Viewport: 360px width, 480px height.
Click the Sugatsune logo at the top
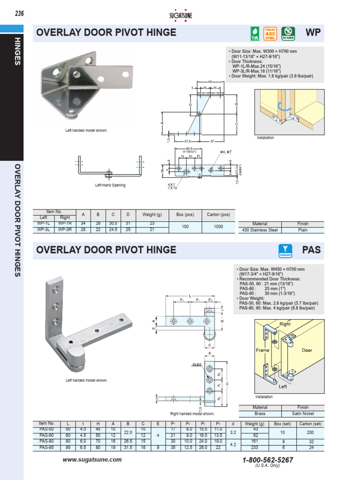pyautogui.click(x=180, y=14)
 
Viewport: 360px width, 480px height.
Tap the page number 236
pyautogui.click(x=19, y=13)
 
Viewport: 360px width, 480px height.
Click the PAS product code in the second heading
pyautogui.click(x=311, y=249)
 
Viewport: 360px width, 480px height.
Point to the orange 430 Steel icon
pyautogui.click(x=270, y=34)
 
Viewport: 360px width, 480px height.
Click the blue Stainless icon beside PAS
pyautogui.click(x=285, y=250)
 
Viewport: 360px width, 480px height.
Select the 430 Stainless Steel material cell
pyautogui.click(x=260, y=230)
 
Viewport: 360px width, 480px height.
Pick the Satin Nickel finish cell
pyautogui.click(x=303, y=414)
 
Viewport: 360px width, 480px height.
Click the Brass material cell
pyautogui.click(x=260, y=414)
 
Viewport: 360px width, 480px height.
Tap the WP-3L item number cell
pyautogui.click(x=44, y=230)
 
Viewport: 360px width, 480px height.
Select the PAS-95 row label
pyautogui.click(x=47, y=448)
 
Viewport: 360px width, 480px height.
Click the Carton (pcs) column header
pyautogui.click(x=218, y=215)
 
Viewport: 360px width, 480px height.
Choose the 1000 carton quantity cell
pyautogui.click(x=218, y=227)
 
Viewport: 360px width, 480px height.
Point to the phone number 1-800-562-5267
pyautogui.click(x=268, y=460)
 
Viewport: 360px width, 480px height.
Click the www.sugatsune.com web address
pyautogui.click(x=92, y=460)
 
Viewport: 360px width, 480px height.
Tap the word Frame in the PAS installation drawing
pyautogui.click(x=262, y=350)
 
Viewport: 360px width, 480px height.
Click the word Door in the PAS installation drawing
pyautogui.click(x=307, y=350)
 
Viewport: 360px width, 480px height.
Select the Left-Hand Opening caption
pyautogui.click(x=110, y=185)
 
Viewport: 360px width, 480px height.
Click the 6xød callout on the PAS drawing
pyautogui.click(x=196, y=364)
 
